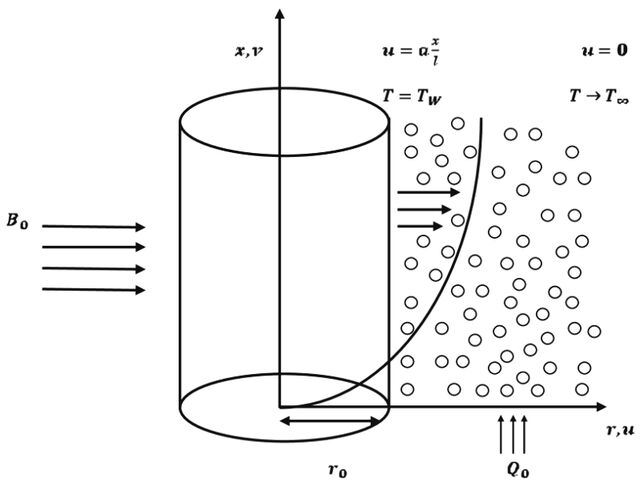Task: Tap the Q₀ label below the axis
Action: click(518, 470)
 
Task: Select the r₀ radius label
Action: click(338, 471)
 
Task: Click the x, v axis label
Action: click(249, 52)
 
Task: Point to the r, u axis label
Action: click(620, 430)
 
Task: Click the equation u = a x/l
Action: click(411, 52)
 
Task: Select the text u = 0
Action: click(604, 51)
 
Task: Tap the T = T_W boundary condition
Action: click(411, 97)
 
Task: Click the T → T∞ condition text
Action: click(599, 97)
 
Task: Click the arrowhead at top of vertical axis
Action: click(280, 13)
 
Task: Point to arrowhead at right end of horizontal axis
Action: click(601, 407)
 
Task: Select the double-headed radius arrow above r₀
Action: click(331, 421)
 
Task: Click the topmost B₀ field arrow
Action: click(93, 227)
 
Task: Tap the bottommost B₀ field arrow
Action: click(93, 290)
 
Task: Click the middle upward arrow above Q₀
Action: click(513, 434)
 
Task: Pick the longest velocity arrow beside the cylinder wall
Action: click(429, 192)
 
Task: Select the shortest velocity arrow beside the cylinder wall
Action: click(420, 226)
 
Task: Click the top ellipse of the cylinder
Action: click(284, 88)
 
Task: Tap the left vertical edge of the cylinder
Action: click(180, 264)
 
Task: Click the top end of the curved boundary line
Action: click(482, 119)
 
